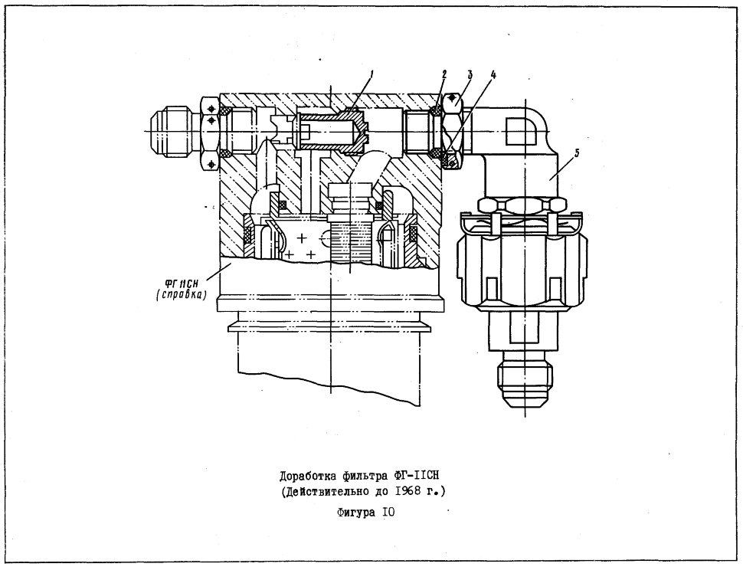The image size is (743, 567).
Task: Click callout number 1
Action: [372, 74]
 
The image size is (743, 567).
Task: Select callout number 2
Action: [444, 74]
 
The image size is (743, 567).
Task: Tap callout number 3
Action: [470, 74]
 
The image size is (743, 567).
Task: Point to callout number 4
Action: [493, 75]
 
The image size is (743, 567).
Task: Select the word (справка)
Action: [183, 295]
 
